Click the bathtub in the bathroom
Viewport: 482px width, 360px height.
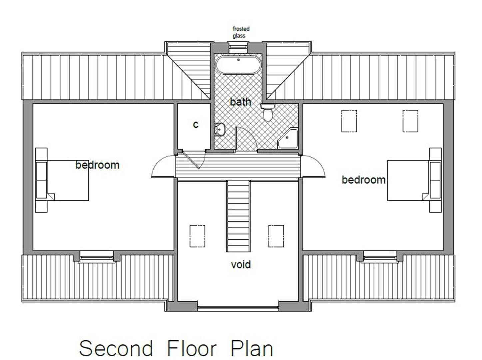click(238, 65)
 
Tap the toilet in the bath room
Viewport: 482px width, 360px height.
click(268, 113)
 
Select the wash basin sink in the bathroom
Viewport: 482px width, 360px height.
click(220, 130)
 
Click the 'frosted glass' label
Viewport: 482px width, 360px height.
click(241, 32)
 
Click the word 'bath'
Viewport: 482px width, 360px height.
click(240, 102)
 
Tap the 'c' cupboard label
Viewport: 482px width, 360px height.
click(196, 124)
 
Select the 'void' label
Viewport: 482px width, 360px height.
click(241, 265)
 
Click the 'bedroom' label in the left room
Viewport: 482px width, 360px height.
click(97, 165)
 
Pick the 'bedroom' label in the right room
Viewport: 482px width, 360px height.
click(363, 180)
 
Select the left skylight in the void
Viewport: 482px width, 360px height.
click(197, 236)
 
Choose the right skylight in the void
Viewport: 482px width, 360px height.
click(276, 236)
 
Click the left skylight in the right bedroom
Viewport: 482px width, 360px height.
click(349, 121)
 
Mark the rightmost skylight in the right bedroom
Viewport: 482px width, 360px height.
click(410, 121)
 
